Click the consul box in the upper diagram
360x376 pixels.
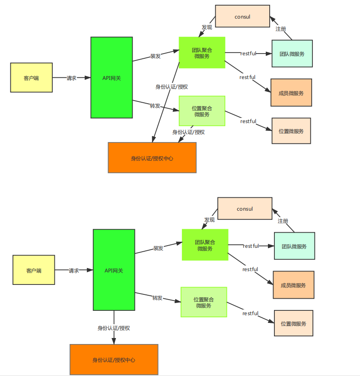[242, 17]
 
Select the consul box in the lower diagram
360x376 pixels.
[245, 209]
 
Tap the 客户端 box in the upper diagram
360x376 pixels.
[31, 78]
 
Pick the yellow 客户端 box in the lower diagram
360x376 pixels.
[34, 270]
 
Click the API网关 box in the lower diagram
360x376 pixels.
[114, 270]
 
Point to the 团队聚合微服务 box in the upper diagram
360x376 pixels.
[202, 53]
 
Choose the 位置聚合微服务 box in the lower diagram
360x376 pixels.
[204, 302]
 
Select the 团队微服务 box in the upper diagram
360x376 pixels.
[292, 54]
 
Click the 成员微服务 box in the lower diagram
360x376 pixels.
[293, 285]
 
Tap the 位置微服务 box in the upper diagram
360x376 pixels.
[291, 131]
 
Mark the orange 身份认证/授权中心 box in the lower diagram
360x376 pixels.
[114, 360]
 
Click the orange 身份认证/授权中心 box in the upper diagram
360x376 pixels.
[152, 158]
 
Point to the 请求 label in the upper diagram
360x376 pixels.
[72, 78]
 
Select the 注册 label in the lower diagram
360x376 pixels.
[283, 221]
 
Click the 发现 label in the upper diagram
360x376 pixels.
[207, 27]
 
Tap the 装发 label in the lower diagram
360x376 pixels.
[158, 248]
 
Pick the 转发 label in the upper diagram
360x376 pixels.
[155, 106]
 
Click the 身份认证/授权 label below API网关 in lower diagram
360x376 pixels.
[114, 328]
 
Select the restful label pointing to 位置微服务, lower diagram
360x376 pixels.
[250, 313]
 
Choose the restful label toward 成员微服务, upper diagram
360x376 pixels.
[248, 77]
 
